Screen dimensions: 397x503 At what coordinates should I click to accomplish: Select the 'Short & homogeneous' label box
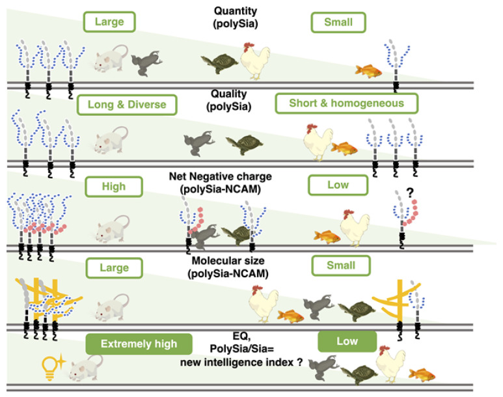(x=346, y=103)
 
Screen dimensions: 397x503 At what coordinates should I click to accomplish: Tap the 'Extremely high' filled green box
(x=139, y=344)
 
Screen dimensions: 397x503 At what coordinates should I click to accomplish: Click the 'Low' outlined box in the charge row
(x=338, y=185)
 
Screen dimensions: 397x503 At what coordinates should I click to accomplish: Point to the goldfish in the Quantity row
(x=367, y=69)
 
